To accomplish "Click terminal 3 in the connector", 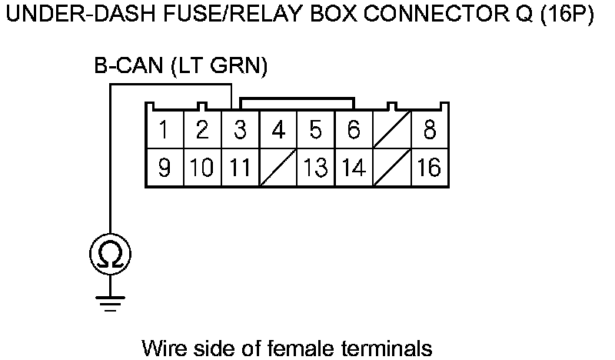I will click(x=240, y=130).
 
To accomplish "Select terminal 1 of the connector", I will click(x=164, y=130).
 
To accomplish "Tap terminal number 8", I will click(x=430, y=130).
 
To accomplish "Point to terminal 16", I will click(x=430, y=167).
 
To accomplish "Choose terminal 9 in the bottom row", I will click(x=164, y=167).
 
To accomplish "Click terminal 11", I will click(x=240, y=167).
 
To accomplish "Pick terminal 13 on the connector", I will click(x=315, y=167).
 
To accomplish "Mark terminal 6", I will click(x=354, y=130).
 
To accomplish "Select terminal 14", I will click(x=354, y=167).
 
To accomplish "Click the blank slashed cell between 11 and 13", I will click(x=278, y=167).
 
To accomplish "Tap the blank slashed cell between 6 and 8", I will click(x=391, y=130).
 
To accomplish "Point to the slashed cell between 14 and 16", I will click(x=391, y=167).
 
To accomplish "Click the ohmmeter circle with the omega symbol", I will click(x=111, y=253).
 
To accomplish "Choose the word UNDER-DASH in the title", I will click(x=66, y=16).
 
